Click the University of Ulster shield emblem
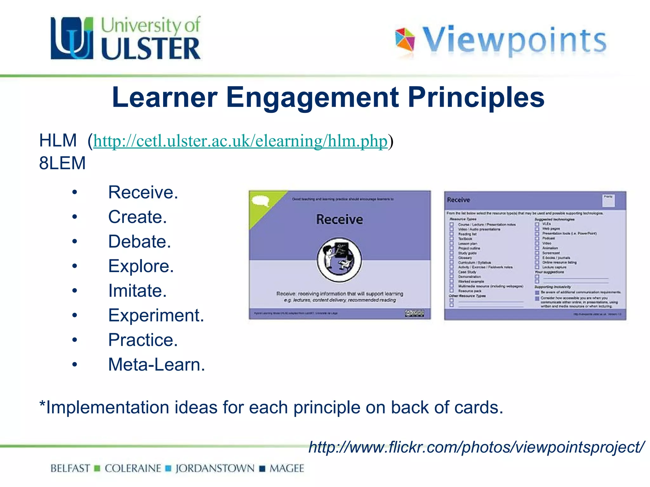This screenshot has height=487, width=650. (72, 38)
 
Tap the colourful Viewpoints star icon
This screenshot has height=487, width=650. (405, 40)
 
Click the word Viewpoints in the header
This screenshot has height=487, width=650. (514, 40)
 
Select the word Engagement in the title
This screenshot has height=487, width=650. (312, 97)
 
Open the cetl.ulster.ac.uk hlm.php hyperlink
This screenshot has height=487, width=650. (240, 141)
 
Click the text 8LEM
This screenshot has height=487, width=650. (62, 163)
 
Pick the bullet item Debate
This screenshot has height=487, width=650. (139, 242)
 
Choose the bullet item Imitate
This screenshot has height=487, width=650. (137, 291)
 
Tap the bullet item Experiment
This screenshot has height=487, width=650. (156, 315)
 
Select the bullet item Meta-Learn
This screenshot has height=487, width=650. (156, 365)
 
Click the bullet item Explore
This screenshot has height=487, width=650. (141, 266)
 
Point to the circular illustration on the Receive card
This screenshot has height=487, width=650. (339, 260)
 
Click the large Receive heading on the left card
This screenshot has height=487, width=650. (339, 219)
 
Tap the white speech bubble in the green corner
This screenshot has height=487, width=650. (261, 201)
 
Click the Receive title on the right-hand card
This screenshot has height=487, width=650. (458, 200)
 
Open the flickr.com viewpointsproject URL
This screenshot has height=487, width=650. (476, 447)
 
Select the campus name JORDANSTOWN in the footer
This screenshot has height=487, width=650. (215, 468)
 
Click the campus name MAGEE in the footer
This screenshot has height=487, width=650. (287, 468)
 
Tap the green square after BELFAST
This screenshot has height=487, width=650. (97, 468)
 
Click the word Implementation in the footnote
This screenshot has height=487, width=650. (107, 407)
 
